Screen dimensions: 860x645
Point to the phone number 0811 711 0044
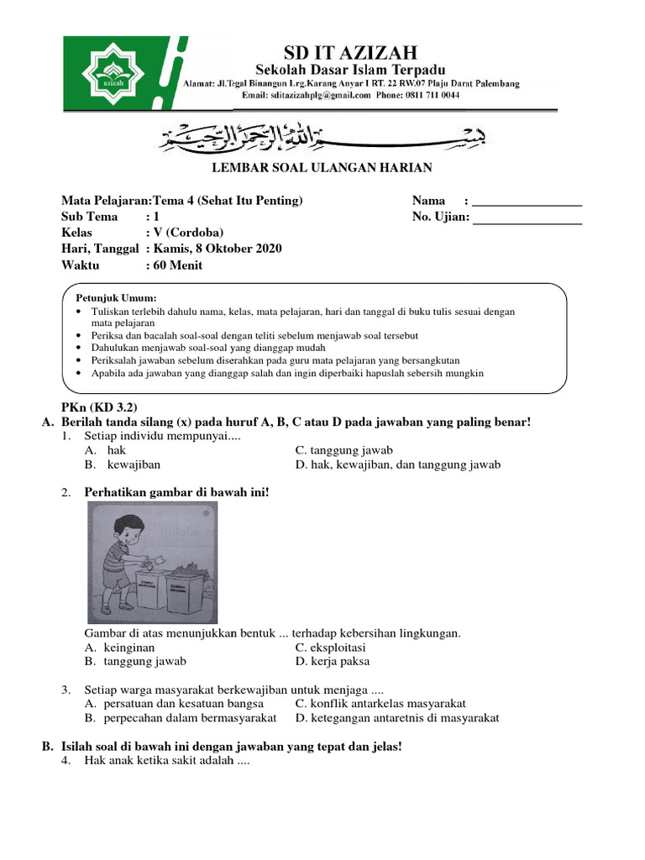coord(430,96)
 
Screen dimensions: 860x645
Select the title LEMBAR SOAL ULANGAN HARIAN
coord(322,168)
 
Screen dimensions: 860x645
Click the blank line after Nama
coord(527,202)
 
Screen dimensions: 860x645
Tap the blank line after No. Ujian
coord(527,218)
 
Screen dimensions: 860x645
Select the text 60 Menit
coord(177,265)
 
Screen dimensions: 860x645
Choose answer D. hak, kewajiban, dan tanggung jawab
coord(397,464)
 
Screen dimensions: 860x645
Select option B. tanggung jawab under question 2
coord(135,662)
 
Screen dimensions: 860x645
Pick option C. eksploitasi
coord(330,648)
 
